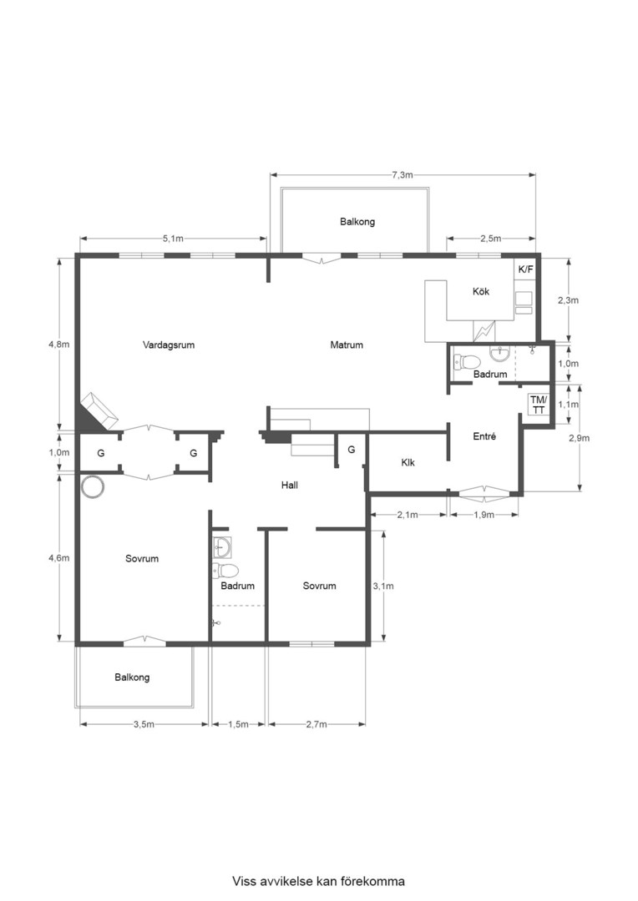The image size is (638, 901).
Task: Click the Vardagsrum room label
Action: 169,345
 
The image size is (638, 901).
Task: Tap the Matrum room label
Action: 347,345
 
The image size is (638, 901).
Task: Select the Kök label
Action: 481,291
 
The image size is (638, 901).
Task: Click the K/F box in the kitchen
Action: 526,269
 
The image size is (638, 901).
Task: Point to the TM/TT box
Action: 539,405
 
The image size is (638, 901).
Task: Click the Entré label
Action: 484,436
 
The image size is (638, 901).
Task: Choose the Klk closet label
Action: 408,462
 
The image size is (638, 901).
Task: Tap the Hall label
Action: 290,486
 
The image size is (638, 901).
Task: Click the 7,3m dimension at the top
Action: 403,175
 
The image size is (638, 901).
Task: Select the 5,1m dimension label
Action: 173,239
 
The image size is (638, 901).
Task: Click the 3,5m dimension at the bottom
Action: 144,725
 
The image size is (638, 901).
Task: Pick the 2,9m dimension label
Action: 579,438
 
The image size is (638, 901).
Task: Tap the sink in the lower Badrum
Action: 222,547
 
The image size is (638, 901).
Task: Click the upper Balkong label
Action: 357,222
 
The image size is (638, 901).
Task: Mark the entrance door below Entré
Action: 484,492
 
